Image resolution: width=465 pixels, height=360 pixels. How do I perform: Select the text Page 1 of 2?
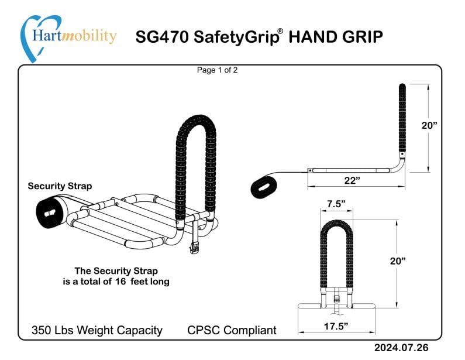pos(217,70)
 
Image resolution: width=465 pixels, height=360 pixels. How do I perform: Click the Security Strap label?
pos(60,186)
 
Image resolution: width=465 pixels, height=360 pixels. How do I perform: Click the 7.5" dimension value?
pos(336,204)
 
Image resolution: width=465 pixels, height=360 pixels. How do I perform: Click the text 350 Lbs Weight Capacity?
pos(97,330)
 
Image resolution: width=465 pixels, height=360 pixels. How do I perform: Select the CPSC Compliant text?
pos(232,330)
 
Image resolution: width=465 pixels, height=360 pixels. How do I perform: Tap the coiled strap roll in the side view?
pos(267,188)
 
